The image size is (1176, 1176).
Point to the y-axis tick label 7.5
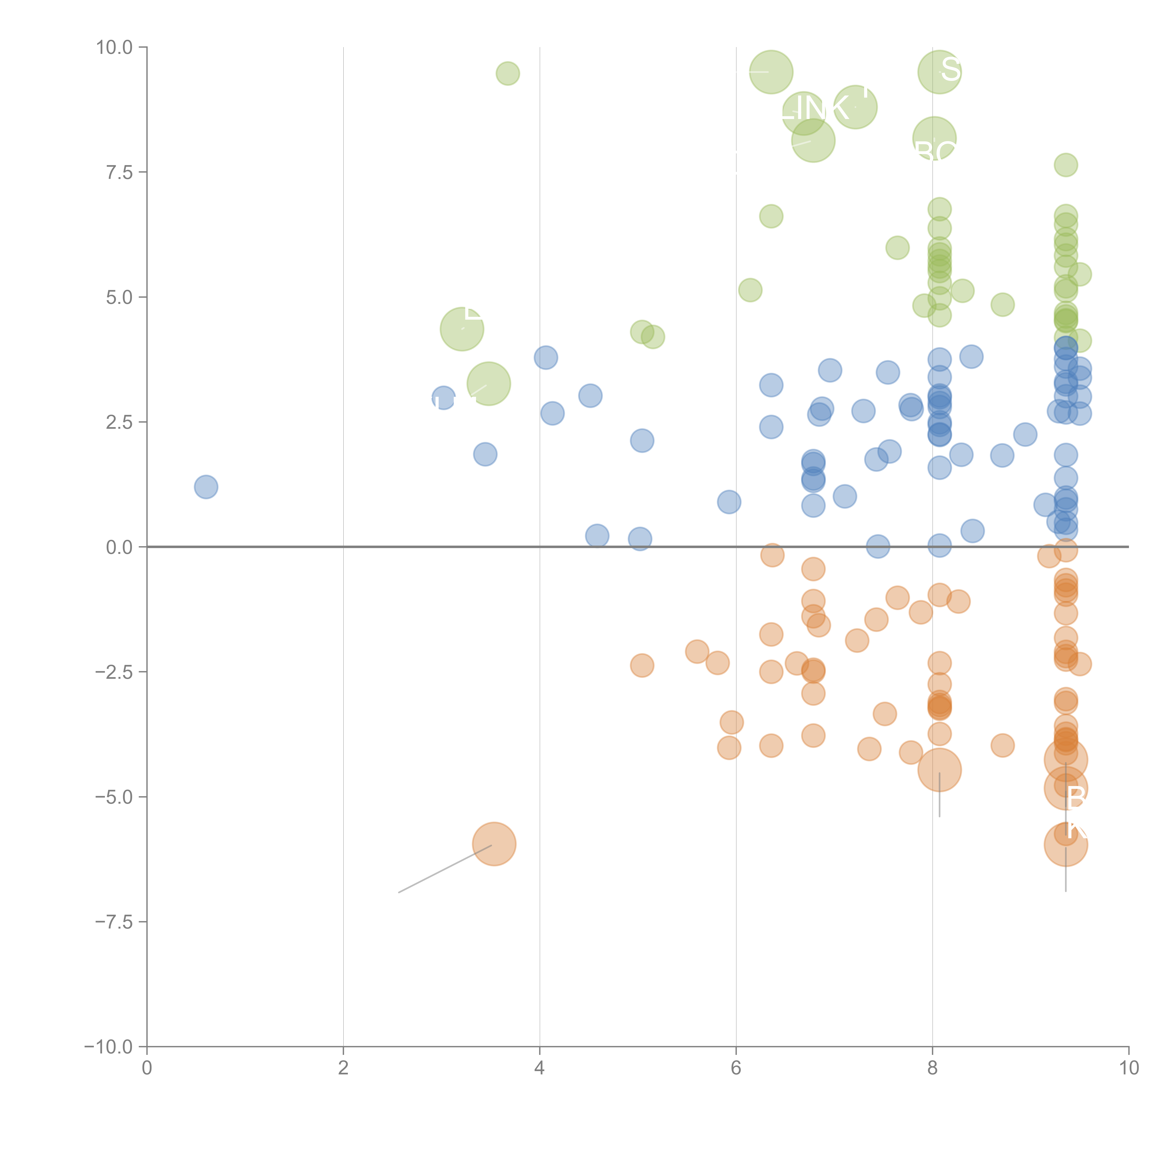tap(119, 172)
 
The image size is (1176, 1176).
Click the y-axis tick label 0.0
tap(119, 547)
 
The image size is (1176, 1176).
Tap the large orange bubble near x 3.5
tap(494, 844)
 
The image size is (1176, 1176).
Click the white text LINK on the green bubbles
tap(816, 108)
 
